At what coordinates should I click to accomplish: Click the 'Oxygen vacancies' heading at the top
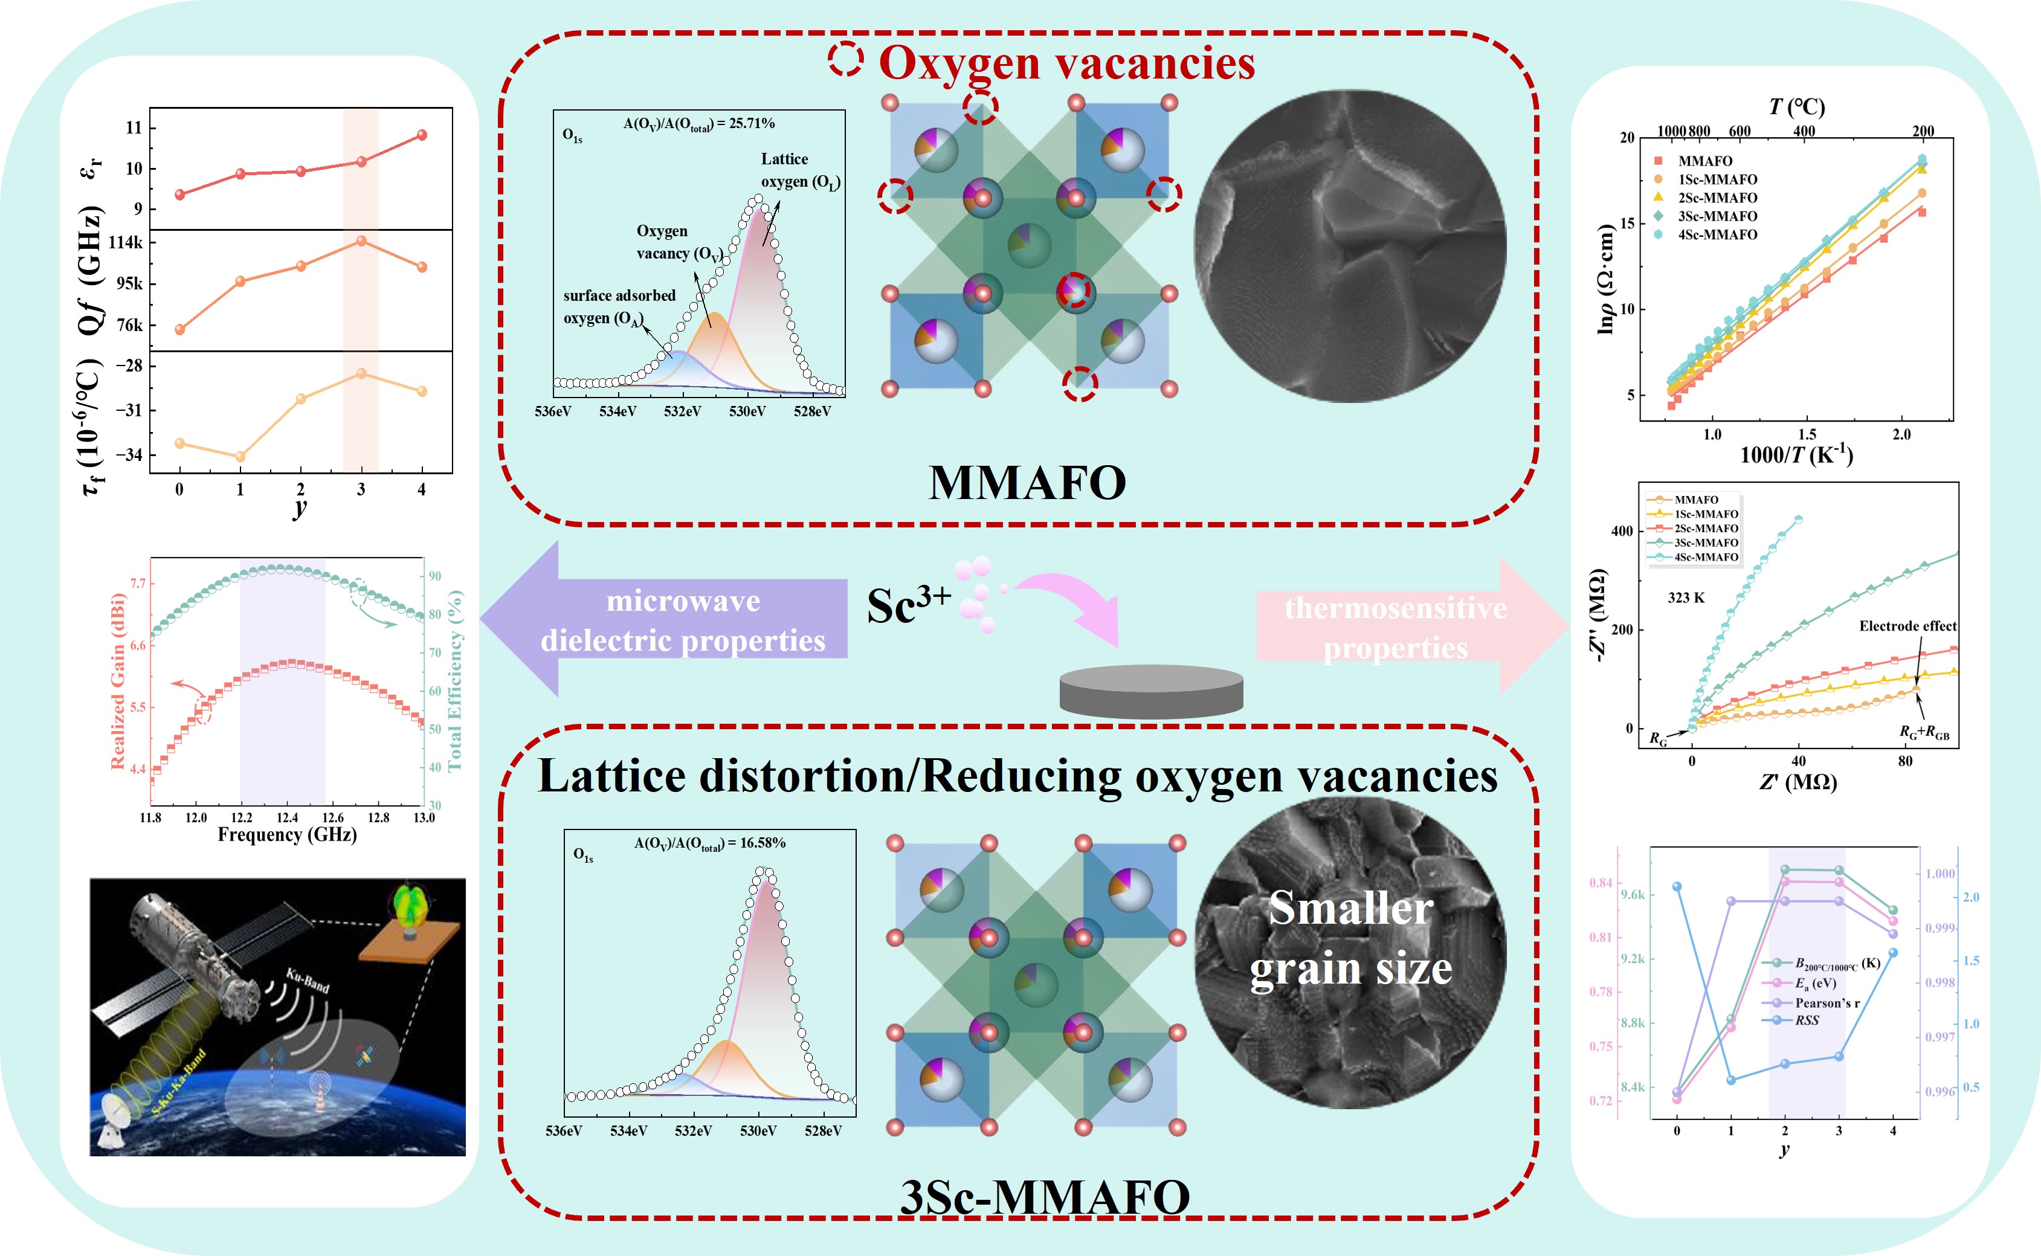(x=1066, y=63)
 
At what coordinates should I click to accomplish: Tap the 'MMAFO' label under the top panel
(x=1027, y=483)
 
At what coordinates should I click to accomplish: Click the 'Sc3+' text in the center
(x=908, y=605)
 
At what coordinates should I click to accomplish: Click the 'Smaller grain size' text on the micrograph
(x=1351, y=939)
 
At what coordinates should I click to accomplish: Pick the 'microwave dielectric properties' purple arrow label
(x=683, y=620)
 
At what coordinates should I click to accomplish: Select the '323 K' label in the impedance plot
(x=1686, y=597)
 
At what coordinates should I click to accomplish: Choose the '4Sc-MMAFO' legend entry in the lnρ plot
(x=1717, y=235)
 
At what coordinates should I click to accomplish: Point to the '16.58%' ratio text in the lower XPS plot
(x=763, y=842)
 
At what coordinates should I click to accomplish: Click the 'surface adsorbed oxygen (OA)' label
(x=619, y=306)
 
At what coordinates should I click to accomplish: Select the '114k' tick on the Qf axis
(x=126, y=243)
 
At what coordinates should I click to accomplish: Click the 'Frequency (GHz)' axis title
(x=288, y=834)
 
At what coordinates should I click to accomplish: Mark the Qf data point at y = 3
(x=361, y=241)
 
